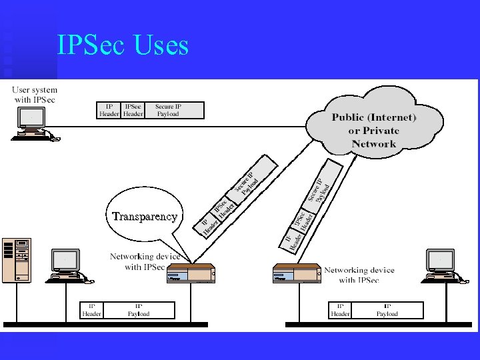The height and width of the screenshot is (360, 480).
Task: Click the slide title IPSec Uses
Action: tap(123, 45)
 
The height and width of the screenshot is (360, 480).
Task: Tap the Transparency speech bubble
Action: tap(145, 217)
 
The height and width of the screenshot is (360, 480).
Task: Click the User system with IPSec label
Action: tap(35, 95)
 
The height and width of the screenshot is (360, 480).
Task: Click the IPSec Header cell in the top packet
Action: tap(133, 110)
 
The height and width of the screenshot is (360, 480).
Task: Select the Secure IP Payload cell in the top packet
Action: tap(168, 110)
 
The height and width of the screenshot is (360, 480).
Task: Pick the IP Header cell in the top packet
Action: tap(109, 110)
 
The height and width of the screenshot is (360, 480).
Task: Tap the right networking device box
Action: tap(297, 274)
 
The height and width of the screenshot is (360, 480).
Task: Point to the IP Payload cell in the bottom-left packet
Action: tap(139, 310)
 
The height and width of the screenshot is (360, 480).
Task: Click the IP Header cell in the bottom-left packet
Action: tap(92, 310)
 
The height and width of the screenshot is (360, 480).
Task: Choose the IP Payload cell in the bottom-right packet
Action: tap(387, 310)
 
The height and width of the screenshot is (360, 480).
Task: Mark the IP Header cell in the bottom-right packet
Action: tap(340, 310)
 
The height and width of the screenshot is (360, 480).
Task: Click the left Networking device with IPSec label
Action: tap(145, 261)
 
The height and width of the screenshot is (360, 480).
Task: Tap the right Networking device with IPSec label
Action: tap(359, 275)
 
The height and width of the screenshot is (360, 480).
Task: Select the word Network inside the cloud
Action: tap(374, 144)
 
